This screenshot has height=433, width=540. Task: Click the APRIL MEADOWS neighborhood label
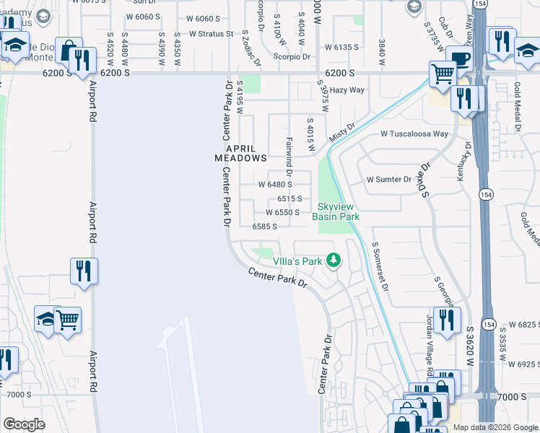[240, 152]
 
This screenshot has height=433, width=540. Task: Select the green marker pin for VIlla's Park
[334, 260]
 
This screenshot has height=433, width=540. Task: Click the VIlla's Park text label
[297, 261]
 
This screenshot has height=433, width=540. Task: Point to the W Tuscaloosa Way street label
[414, 134]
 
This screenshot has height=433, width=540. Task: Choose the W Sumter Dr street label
[388, 179]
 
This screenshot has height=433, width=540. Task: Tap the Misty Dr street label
[342, 132]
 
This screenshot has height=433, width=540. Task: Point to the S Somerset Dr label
[380, 266]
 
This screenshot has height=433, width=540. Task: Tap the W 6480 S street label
[275, 185]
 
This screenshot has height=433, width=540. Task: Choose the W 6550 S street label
[282, 213]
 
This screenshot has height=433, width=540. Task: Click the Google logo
[25, 424]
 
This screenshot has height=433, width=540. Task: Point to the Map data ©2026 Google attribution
[495, 427]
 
